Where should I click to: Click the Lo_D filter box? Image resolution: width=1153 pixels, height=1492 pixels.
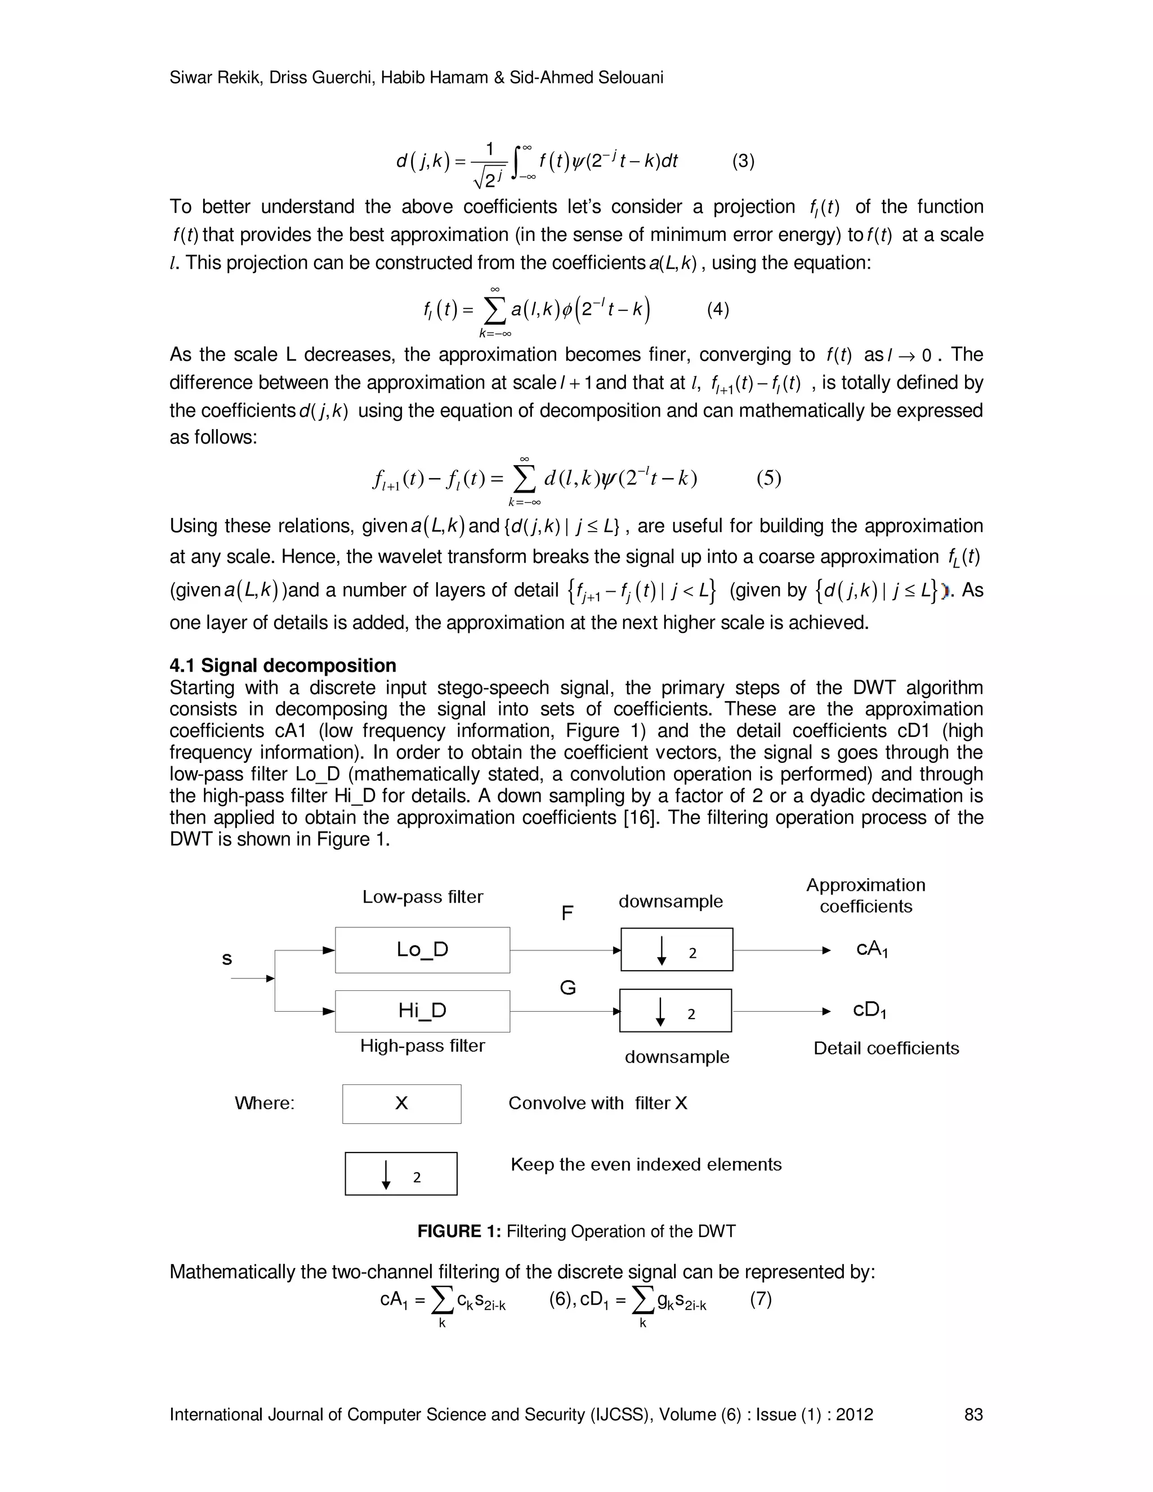(422, 950)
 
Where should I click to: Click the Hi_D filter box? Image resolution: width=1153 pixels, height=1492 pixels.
(422, 1011)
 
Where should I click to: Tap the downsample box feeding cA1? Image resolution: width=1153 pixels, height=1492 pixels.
(676, 950)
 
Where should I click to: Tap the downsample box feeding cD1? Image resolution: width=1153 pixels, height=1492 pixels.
(675, 1011)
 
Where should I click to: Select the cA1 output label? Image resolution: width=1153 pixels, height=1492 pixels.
(872, 950)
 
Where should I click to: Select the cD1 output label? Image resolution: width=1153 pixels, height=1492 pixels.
(869, 1011)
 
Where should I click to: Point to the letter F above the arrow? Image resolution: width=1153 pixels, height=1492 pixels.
(567, 913)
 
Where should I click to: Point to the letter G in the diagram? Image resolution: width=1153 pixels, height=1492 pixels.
(567, 988)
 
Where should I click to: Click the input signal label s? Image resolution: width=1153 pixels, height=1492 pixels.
(227, 959)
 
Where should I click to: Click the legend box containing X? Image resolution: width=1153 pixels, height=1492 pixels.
(401, 1104)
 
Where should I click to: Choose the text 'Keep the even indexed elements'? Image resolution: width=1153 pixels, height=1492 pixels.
(646, 1164)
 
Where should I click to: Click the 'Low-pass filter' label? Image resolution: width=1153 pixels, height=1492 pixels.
(422, 897)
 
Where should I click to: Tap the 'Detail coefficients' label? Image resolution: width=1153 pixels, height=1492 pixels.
(886, 1048)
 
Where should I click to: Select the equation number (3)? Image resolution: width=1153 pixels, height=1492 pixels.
(743, 161)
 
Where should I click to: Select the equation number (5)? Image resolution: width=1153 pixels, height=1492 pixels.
(768, 477)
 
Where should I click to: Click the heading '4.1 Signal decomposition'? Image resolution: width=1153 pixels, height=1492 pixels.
(283, 665)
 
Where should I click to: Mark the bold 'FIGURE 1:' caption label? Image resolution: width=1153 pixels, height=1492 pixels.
(459, 1231)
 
